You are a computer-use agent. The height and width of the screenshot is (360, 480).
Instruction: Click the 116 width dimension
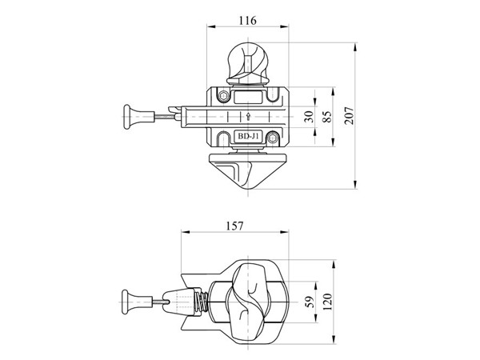tap(247, 19)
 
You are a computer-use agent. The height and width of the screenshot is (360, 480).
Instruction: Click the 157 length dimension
tap(235, 226)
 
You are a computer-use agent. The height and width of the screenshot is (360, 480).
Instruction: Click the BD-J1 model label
tap(247, 135)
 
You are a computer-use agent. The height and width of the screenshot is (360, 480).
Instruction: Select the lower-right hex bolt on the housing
tap(274, 136)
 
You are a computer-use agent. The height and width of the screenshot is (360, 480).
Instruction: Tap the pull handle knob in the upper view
tap(129, 117)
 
